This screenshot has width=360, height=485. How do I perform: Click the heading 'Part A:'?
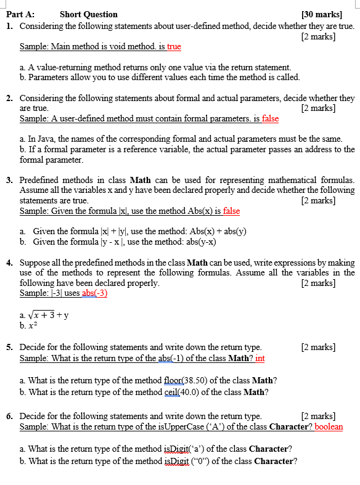(21, 14)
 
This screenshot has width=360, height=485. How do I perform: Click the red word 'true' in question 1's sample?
(174, 46)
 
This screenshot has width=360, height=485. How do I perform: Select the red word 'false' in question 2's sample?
(270, 118)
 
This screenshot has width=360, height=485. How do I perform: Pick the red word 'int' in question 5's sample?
(260, 358)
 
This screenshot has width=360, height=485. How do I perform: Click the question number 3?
(9, 180)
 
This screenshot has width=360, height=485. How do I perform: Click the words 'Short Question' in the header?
(88, 14)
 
